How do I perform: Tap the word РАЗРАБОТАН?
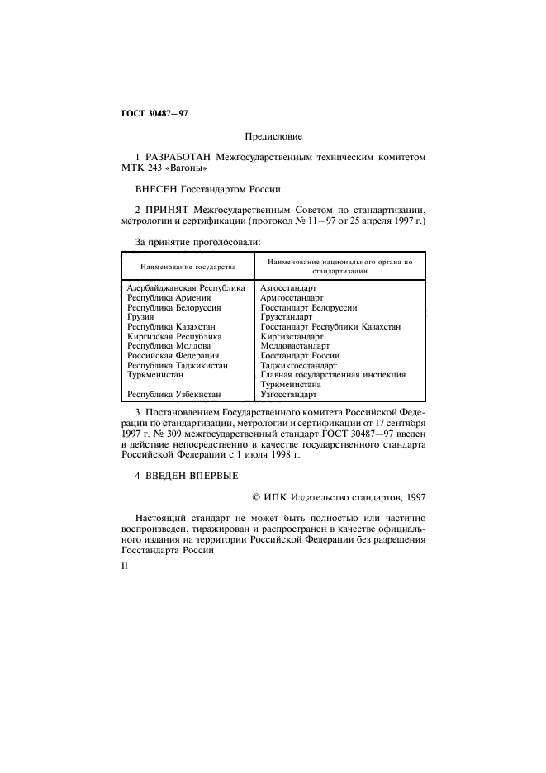pyautogui.click(x=180, y=156)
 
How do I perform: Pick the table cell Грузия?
pyautogui.click(x=140, y=317)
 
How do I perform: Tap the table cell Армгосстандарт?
pyautogui.click(x=292, y=298)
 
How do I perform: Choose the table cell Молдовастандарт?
pyautogui.click(x=294, y=346)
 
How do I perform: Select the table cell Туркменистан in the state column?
pyautogui.click(x=155, y=375)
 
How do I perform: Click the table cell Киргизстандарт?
pyautogui.click(x=292, y=337)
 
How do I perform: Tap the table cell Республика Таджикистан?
pyautogui.click(x=178, y=365)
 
